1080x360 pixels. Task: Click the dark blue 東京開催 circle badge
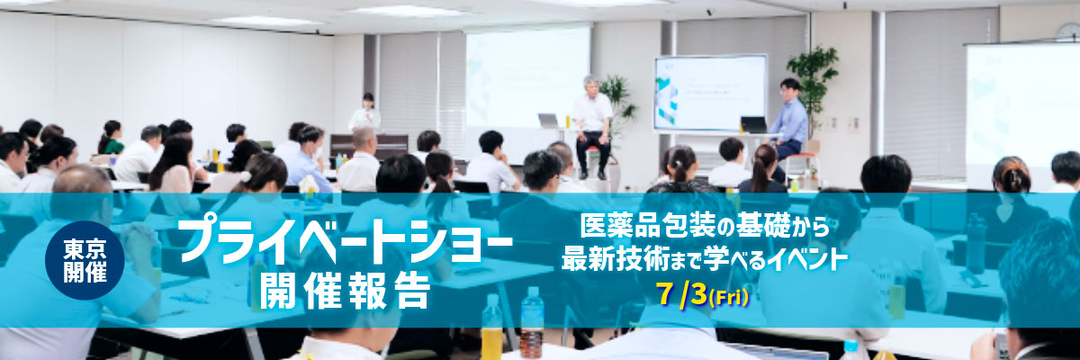85,261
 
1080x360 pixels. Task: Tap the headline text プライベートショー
346,240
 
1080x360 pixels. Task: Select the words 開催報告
345,291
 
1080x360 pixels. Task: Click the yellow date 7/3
680,294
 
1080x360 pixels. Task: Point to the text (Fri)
728,297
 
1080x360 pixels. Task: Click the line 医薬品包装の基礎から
704,226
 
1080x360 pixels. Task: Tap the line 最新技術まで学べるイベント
705,259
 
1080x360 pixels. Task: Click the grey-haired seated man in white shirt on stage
592,127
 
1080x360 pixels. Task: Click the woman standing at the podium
365,113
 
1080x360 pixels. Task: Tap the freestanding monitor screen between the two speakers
710,94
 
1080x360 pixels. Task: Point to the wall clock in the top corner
1068,31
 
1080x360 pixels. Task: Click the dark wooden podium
369,147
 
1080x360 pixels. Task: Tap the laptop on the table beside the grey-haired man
548,121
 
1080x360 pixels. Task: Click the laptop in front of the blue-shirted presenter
753,125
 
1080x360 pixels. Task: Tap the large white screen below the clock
1022,114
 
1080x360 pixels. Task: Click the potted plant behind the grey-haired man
619,108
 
